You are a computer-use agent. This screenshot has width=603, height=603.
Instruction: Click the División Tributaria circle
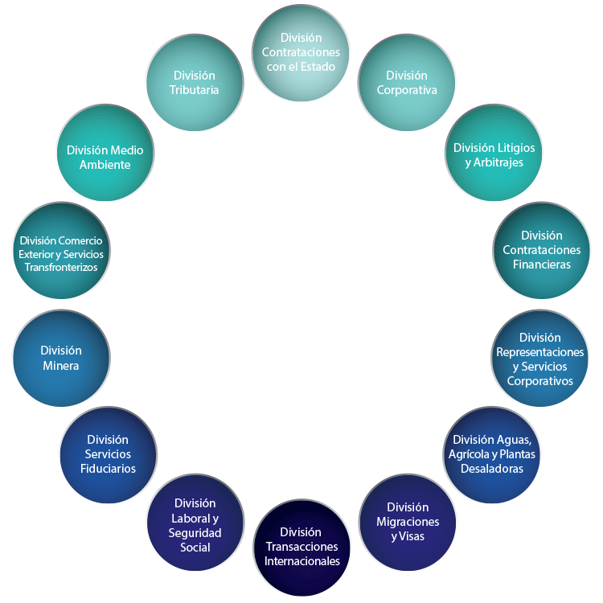(194, 83)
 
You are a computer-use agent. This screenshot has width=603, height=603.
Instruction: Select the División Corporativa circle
(407, 83)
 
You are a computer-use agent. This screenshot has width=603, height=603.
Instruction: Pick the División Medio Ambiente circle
(105, 157)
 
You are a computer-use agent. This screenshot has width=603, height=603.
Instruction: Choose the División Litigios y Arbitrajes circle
(494, 155)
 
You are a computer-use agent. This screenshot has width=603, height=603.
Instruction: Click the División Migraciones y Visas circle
(407, 521)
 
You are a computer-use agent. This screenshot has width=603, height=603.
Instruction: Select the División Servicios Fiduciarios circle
(108, 454)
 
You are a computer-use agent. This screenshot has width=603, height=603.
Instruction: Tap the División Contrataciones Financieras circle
(540, 249)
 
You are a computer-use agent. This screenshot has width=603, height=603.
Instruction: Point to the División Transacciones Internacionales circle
(301, 547)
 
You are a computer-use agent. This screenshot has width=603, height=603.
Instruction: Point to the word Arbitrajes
(500, 162)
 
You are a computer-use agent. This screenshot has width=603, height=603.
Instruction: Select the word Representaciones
(540, 352)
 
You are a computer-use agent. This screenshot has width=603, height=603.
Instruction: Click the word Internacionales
(301, 561)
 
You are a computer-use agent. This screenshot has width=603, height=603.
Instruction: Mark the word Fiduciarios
(108, 469)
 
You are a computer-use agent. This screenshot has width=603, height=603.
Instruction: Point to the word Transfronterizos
(60, 267)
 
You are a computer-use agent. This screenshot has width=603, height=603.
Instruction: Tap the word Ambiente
(105, 165)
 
